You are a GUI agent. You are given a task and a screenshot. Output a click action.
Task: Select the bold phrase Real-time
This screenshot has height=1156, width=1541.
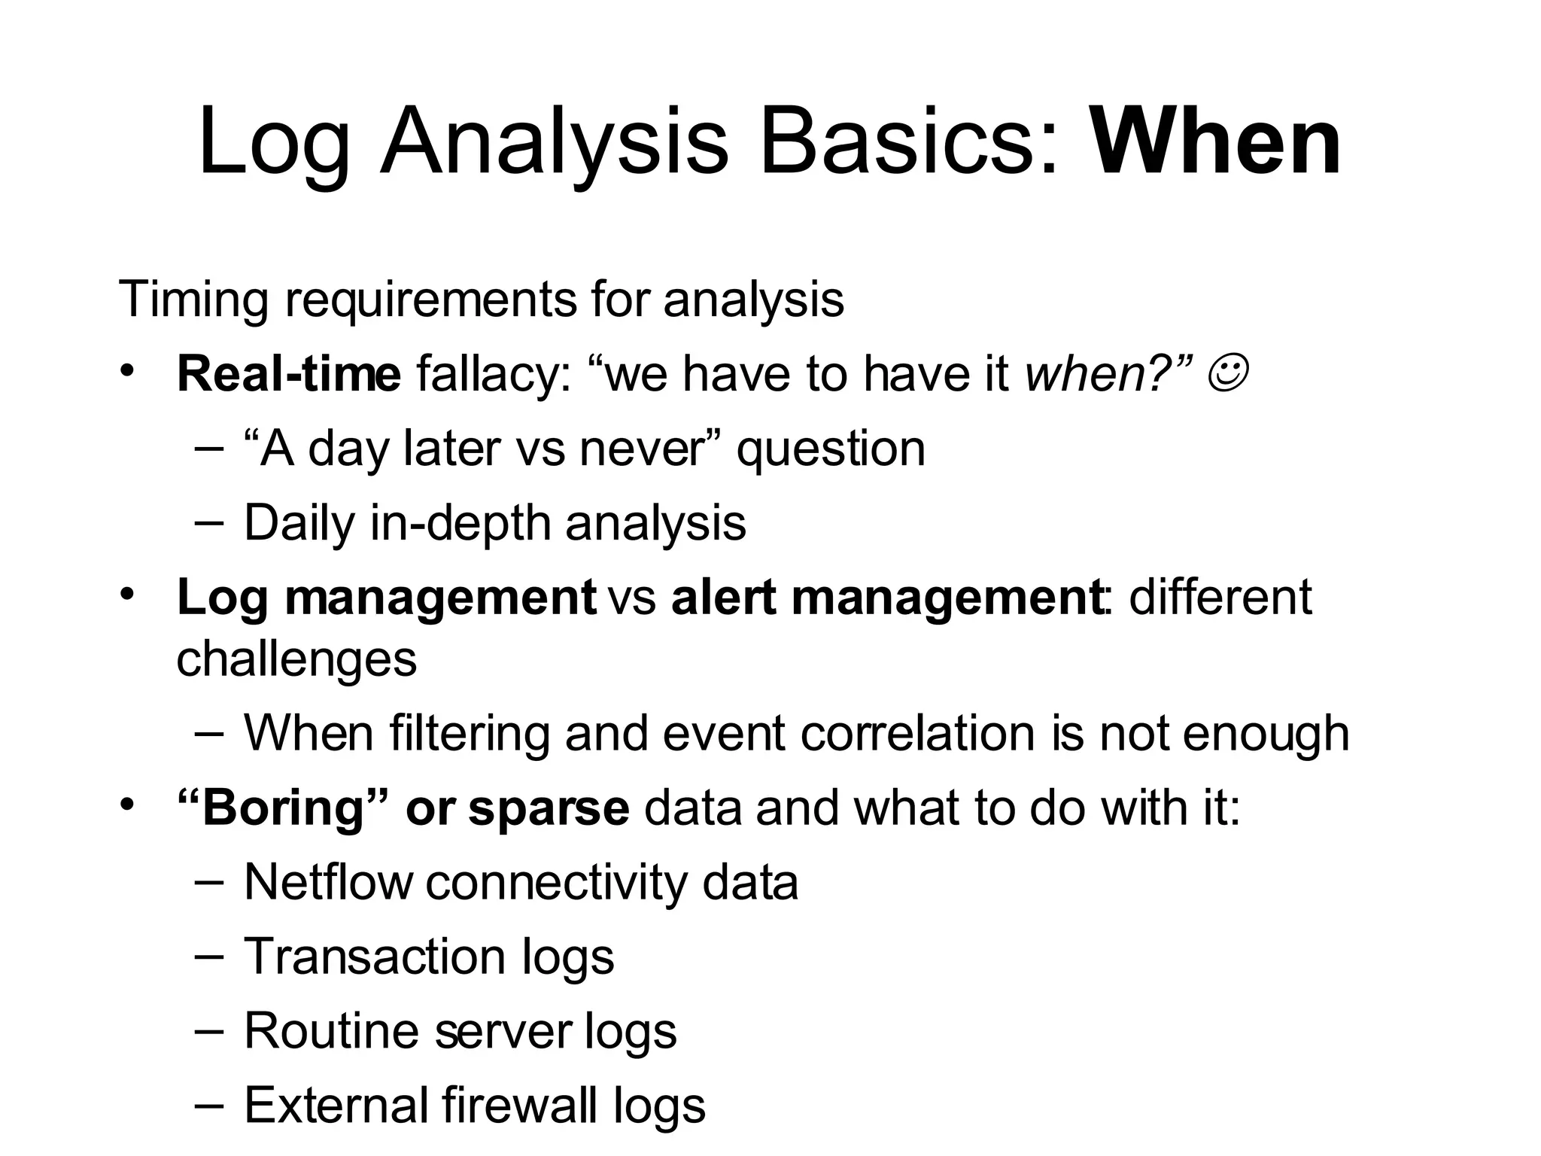[288, 374]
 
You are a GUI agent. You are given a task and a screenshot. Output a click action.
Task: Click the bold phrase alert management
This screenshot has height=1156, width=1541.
[887, 598]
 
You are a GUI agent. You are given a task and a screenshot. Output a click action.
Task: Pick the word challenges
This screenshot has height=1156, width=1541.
[296, 659]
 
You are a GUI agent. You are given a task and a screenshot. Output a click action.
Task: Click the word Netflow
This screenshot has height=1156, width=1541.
[329, 882]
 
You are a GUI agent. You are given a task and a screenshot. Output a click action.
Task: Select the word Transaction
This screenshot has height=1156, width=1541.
[375, 957]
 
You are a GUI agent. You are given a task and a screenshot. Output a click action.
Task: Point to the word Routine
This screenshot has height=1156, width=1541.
[331, 1030]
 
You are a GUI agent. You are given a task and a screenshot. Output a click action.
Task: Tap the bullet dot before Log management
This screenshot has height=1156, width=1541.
[127, 594]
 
